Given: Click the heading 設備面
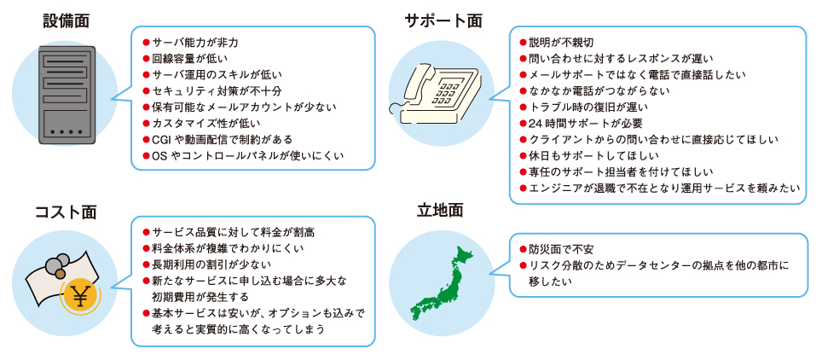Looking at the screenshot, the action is [67, 20].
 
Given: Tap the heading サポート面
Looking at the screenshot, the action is [443, 20].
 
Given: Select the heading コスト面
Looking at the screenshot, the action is [67, 212].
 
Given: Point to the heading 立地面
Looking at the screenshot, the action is [440, 212].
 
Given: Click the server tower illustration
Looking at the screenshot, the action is [67, 95].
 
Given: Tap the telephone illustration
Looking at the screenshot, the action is [435, 95].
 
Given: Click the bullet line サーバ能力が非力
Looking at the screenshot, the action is [190, 42].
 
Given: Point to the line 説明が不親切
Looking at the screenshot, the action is [557, 42].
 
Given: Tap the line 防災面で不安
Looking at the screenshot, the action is [557, 250].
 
